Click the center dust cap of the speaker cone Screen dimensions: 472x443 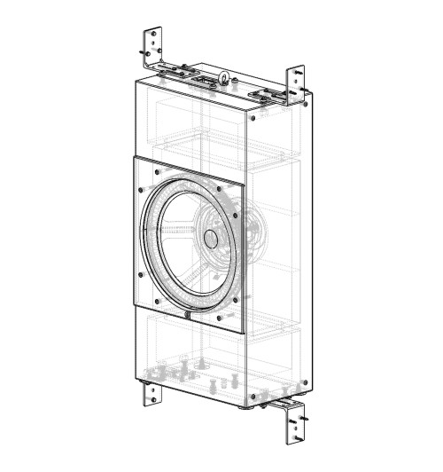pyautogui.click(x=211, y=238)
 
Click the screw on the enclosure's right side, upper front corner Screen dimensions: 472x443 pyautogui.click(x=254, y=116)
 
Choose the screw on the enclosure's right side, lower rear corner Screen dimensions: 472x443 pyautogui.click(x=304, y=382)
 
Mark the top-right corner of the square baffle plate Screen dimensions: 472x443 pyautogui.click(x=245, y=181)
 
